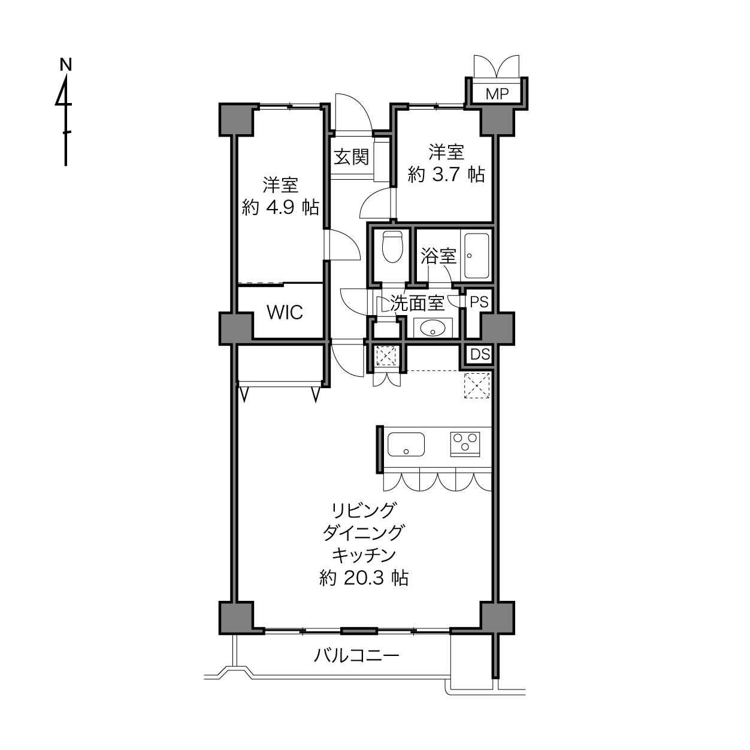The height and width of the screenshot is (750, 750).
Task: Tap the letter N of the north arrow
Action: click(66, 65)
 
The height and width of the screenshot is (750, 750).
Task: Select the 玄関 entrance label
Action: click(352, 157)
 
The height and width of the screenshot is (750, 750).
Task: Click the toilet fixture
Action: click(392, 247)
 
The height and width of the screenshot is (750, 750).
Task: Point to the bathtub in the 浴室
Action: click(476, 256)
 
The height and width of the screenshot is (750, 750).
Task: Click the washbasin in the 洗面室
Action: click(433, 328)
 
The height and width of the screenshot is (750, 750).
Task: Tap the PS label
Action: click(479, 302)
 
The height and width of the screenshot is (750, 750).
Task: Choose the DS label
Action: click(480, 354)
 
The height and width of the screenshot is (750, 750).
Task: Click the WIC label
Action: click(285, 312)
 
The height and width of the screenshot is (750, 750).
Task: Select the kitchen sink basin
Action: click(406, 444)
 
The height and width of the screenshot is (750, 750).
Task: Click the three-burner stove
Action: click(465, 444)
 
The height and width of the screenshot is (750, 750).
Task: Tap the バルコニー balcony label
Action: click(356, 656)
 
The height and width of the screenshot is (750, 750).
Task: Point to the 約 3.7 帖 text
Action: click(446, 174)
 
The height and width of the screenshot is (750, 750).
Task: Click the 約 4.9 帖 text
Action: click(280, 207)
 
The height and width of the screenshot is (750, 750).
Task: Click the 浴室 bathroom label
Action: click(438, 256)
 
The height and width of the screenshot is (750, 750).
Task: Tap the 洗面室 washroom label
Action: click(417, 303)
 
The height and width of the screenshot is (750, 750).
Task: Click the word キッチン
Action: click(364, 555)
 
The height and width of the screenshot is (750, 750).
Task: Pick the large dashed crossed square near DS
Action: click(477, 385)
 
